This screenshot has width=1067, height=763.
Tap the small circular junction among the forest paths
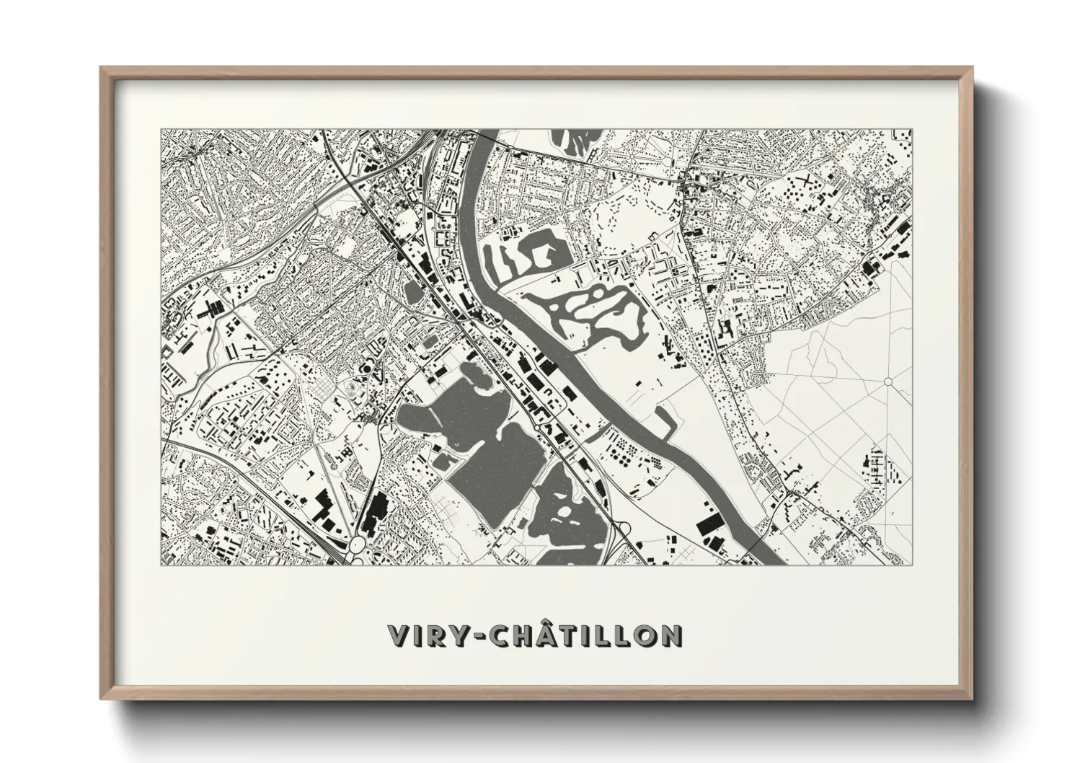[x=888, y=381]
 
